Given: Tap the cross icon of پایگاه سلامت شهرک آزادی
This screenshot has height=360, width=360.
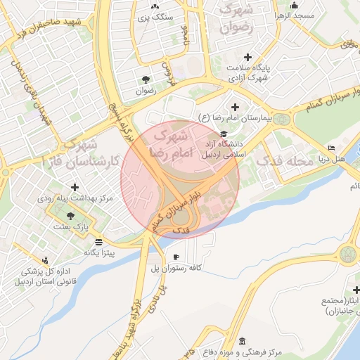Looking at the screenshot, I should pyautogui.click(x=247, y=57).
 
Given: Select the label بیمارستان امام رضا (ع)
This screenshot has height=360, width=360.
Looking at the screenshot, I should pyautogui.click(x=238, y=117).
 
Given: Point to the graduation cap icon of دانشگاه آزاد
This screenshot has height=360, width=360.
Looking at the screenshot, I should pyautogui.click(x=224, y=134).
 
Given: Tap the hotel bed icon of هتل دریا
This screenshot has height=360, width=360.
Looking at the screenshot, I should pyautogui.click(x=330, y=148).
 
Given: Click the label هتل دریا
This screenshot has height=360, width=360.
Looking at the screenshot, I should pyautogui.click(x=330, y=160).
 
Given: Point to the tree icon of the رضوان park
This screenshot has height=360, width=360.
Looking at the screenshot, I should pyautogui.click(x=146, y=79).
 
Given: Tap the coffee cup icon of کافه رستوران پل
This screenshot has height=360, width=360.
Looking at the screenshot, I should pyautogui.click(x=176, y=256).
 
